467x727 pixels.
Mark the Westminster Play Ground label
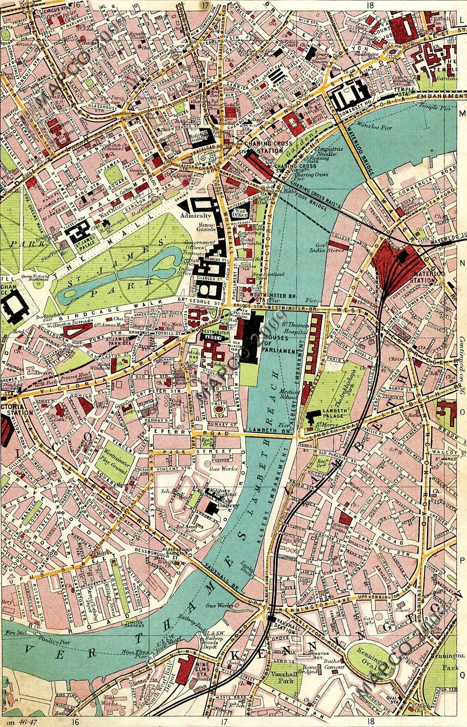click(118, 462)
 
